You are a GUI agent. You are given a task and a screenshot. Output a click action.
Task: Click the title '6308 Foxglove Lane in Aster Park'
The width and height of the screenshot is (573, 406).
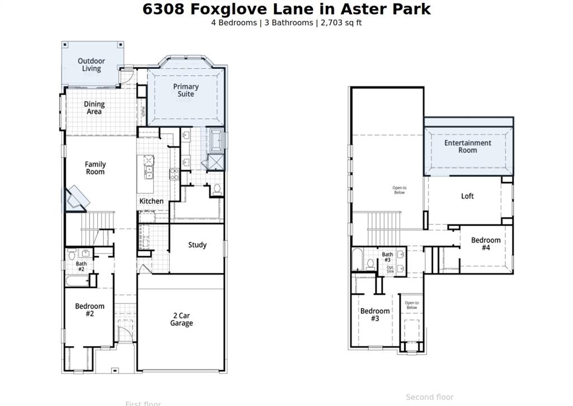point(286,9)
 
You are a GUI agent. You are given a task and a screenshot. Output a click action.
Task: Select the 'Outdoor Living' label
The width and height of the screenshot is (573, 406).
point(91,65)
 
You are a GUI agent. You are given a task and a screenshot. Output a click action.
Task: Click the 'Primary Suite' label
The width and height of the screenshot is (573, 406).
point(186,90)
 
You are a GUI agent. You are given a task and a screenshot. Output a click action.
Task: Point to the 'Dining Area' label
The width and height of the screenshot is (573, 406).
point(94,108)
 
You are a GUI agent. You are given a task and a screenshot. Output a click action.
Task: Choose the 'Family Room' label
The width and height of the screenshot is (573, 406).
point(95,168)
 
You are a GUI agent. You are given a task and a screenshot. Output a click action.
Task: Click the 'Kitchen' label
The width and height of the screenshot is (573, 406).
point(152,201)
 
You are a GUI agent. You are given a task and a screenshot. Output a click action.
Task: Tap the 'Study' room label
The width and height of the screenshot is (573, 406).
point(197,245)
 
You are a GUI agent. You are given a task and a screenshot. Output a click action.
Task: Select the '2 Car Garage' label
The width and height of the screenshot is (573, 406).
point(181,319)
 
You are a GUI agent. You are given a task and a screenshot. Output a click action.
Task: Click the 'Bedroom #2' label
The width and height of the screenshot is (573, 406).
point(90,310)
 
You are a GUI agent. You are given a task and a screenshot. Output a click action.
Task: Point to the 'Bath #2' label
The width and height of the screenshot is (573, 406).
point(81,266)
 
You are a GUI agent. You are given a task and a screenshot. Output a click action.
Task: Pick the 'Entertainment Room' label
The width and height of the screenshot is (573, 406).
point(468,146)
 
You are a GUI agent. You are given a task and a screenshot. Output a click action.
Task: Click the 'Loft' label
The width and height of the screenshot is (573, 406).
point(467,196)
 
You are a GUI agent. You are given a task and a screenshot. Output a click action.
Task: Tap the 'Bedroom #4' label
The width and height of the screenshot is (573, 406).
point(486,244)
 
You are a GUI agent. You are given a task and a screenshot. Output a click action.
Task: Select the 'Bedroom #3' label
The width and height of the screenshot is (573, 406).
point(375,315)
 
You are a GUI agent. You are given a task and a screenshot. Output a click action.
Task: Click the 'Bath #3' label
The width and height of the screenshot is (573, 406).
point(387,257)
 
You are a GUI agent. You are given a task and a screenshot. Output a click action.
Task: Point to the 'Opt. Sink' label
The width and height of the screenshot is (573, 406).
point(391,269)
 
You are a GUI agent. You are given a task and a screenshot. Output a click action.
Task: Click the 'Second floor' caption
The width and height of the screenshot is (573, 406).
point(430,397)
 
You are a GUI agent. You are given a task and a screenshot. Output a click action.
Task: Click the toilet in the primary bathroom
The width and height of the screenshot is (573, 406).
point(217,189)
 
